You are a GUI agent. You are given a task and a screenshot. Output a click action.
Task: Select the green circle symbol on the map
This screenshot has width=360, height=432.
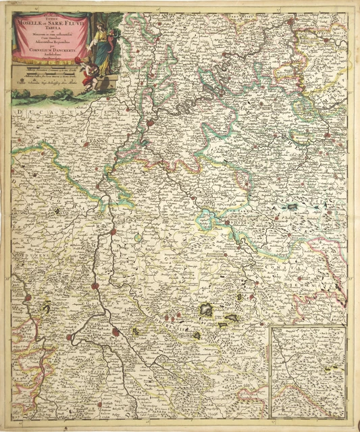(x=138, y=238)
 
